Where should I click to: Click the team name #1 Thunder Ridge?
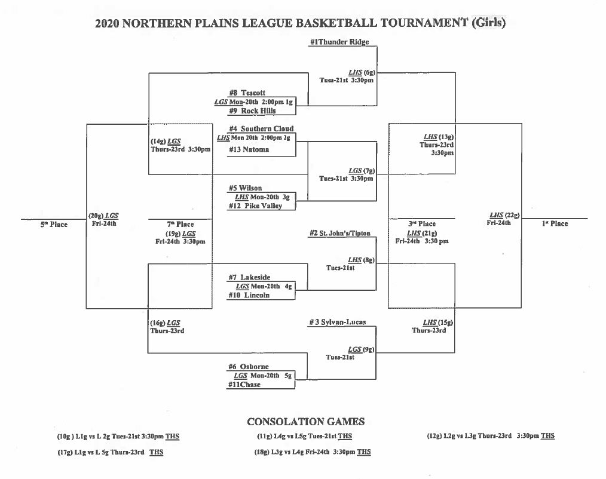click(x=339, y=42)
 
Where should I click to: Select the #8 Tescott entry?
click(x=247, y=93)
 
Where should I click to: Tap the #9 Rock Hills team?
click(x=252, y=110)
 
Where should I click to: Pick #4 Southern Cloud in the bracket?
click(x=261, y=128)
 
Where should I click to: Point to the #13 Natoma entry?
click(x=249, y=149)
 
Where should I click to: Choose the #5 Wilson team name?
click(x=245, y=188)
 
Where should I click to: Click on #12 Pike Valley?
click(x=255, y=205)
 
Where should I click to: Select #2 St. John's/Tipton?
click(x=340, y=233)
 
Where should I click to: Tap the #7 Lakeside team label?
click(x=249, y=277)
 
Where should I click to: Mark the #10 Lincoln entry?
click(x=249, y=295)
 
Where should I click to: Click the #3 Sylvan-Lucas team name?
click(x=337, y=322)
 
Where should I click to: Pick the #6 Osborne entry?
click(x=248, y=367)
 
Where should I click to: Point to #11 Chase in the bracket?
click(x=244, y=385)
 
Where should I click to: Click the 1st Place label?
click(x=555, y=223)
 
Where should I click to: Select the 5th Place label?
click(x=54, y=225)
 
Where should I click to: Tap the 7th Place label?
click(x=180, y=225)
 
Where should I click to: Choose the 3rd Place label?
click(x=422, y=223)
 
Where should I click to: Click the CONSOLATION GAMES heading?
click(x=305, y=422)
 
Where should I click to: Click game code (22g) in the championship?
click(x=512, y=215)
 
